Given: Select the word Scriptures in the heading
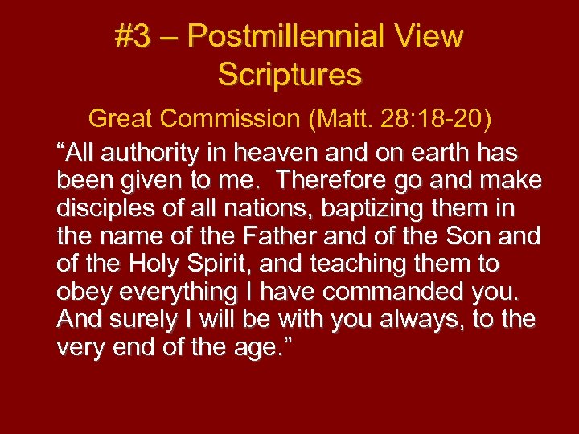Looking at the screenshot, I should [x=289, y=75].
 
